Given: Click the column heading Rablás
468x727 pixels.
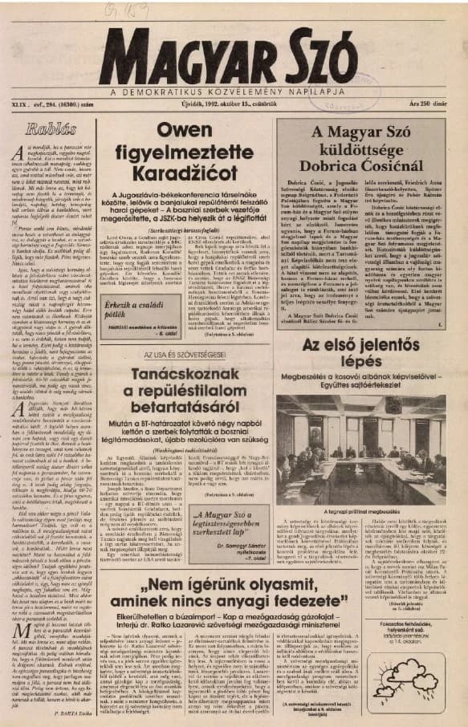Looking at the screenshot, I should pyautogui.click(x=50, y=128).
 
